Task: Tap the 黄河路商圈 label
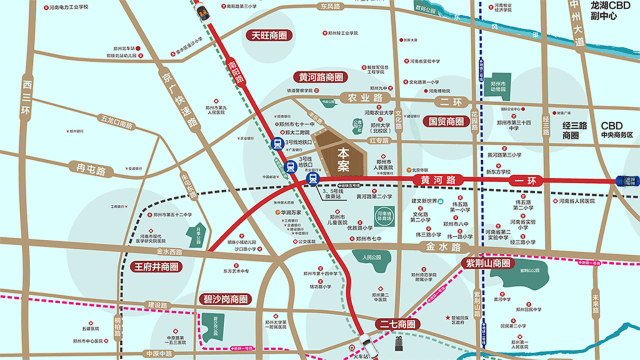click(x=320, y=76)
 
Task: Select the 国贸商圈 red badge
click(x=445, y=121)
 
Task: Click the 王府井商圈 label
click(x=156, y=267)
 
